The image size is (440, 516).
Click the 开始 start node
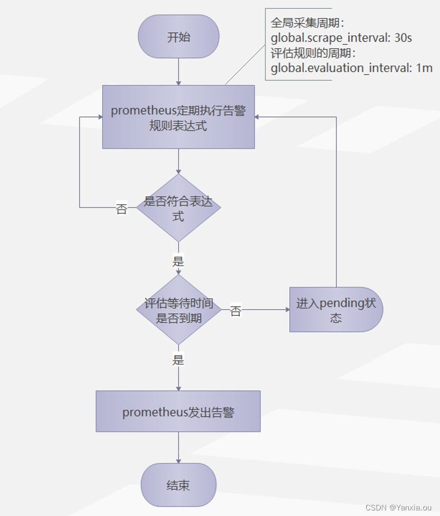pos(178,37)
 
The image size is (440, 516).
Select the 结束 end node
pos(178,485)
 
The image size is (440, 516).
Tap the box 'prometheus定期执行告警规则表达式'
pos(178,117)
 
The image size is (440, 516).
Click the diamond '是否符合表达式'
pos(178,208)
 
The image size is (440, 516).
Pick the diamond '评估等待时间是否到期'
pos(178,311)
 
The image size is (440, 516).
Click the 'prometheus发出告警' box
pos(178,412)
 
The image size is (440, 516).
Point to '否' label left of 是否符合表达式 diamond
pos(122,209)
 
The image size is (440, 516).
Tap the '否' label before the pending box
pos(236,311)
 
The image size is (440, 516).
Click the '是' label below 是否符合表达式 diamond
pos(178,261)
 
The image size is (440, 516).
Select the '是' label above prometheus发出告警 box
pos(178,360)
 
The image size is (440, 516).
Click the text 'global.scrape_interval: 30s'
pos(341,38)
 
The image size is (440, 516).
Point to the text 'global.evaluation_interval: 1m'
pos(351,68)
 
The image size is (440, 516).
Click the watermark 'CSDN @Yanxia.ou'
pos(398,507)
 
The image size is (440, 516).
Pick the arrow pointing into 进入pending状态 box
pos(261,309)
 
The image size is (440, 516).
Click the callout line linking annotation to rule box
pos(245,64)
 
